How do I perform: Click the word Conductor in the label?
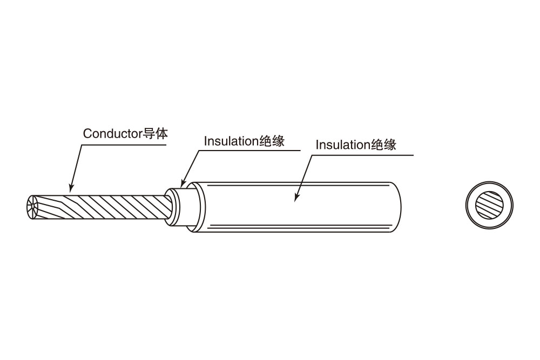tap(112, 133)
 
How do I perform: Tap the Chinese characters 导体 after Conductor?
tap(154, 133)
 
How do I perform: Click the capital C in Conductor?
tap(87, 134)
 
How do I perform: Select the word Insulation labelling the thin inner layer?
tap(231, 141)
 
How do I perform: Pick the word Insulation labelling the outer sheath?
tap(343, 145)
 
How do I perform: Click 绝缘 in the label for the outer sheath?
tap(383, 145)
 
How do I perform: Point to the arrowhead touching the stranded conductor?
tap(71, 189)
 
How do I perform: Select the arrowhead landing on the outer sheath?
tap(296, 199)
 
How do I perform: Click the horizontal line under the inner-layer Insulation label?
tap(248, 151)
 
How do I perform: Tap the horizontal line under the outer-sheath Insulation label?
tap(362, 155)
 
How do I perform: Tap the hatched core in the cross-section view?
tap(489, 205)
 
